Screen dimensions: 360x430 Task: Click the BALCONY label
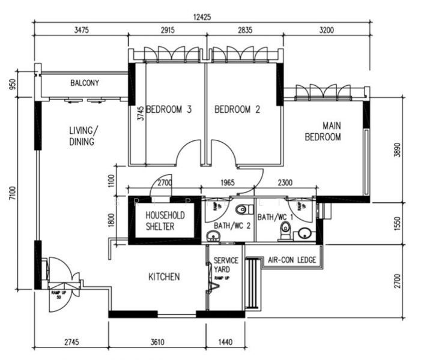point(85,83)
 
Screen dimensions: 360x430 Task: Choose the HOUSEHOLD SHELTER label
point(165,221)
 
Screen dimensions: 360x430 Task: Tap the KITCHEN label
point(164,277)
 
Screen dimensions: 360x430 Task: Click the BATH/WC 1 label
point(275,217)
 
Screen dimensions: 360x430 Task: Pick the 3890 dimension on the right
point(396,149)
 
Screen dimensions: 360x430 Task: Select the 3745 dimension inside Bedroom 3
point(139,115)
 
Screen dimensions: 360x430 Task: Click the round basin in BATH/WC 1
point(304,233)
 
